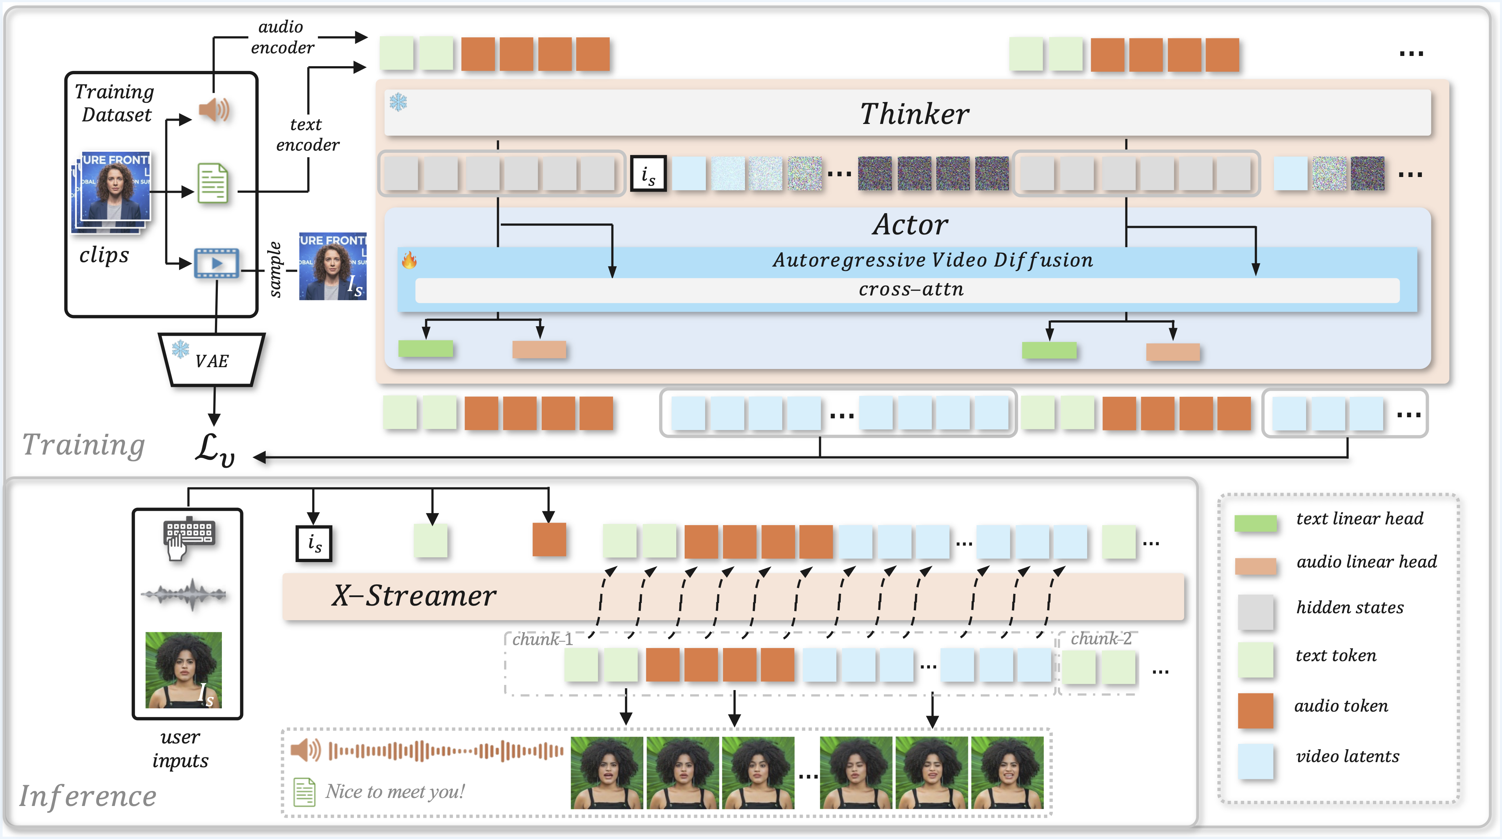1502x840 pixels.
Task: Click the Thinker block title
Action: click(x=914, y=114)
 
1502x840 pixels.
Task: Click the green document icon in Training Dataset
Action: click(x=212, y=183)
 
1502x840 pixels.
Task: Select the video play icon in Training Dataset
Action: click(x=216, y=263)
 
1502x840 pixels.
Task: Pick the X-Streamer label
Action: click(x=414, y=596)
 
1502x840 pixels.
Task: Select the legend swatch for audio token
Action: click(x=1255, y=710)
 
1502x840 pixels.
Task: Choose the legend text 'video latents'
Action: click(x=1347, y=757)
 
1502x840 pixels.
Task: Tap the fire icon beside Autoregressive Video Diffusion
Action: click(x=409, y=260)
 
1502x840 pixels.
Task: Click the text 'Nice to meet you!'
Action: click(x=395, y=792)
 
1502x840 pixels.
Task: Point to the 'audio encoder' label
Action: click(x=282, y=37)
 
